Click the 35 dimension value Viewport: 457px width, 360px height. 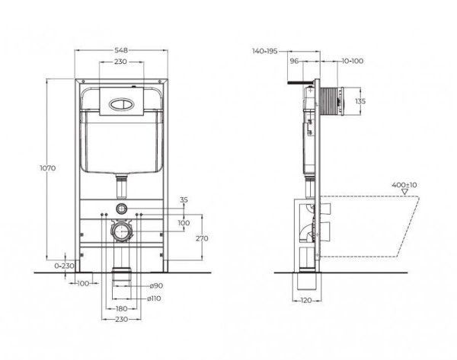point(182,200)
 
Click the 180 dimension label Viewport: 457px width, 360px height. point(122,309)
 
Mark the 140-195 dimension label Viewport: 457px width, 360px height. point(264,51)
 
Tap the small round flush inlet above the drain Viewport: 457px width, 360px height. point(120,208)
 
